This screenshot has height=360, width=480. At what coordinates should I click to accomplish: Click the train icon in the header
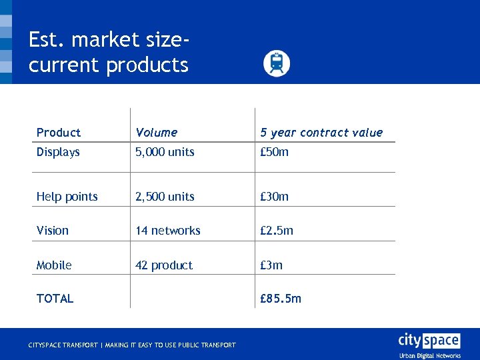click(x=277, y=63)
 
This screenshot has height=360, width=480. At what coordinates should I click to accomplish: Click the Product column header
click(x=59, y=133)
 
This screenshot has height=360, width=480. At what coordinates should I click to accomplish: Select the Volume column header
click(x=156, y=133)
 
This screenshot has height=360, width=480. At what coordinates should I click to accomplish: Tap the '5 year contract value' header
click(x=321, y=133)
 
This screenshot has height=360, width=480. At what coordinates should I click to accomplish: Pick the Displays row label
click(x=58, y=152)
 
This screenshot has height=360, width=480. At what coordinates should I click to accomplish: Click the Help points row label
click(x=67, y=197)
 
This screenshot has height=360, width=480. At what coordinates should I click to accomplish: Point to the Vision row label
click(x=53, y=231)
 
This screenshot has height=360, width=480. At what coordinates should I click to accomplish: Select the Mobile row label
click(x=54, y=265)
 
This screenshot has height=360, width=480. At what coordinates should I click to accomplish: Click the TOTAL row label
click(x=55, y=299)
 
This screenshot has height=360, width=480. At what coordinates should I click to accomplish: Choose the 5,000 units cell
click(x=165, y=152)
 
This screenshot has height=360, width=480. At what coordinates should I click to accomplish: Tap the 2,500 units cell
click(x=165, y=197)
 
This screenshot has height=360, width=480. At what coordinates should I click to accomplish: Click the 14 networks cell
click(x=168, y=231)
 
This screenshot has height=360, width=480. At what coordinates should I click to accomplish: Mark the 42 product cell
click(x=164, y=265)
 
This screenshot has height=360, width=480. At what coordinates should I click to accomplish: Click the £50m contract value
click(x=274, y=152)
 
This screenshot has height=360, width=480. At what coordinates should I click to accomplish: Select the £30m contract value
click(x=274, y=197)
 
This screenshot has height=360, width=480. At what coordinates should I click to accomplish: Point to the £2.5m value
click(x=277, y=231)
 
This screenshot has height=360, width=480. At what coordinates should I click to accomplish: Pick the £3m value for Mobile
click(x=271, y=265)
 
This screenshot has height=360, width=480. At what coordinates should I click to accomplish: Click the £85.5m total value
click(x=281, y=299)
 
